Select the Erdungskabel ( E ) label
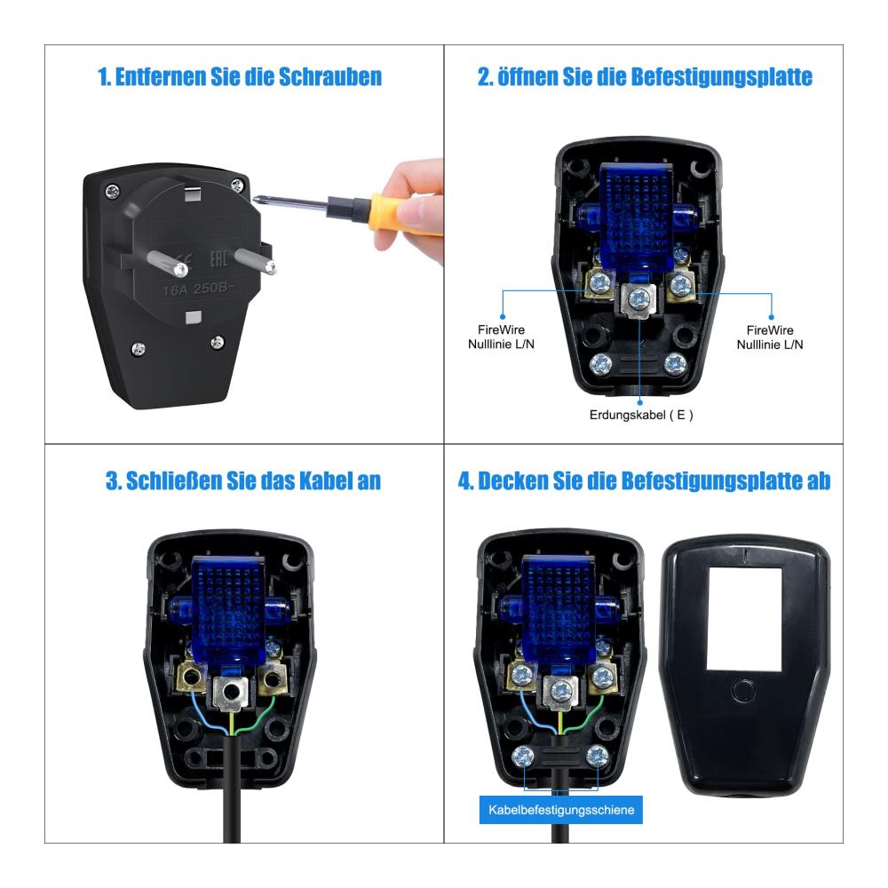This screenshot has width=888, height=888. [641, 415]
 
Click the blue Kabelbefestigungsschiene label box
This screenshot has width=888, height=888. [560, 810]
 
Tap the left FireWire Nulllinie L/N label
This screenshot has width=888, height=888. [501, 337]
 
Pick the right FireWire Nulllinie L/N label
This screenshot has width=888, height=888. [770, 337]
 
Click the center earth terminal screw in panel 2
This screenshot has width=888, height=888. [638, 299]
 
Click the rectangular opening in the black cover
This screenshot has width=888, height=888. [745, 619]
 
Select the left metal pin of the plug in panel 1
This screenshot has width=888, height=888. [167, 264]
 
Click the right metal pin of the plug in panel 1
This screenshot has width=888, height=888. [254, 260]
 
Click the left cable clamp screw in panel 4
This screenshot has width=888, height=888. [523, 756]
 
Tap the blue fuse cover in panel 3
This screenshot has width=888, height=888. [228, 609]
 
